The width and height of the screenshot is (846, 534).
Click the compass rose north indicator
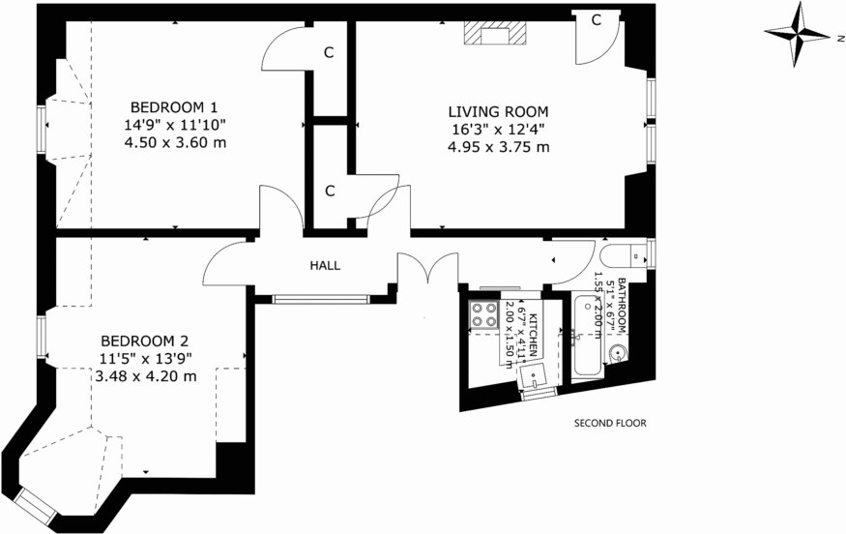tap(799, 36)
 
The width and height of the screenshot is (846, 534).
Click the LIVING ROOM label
tap(498, 111)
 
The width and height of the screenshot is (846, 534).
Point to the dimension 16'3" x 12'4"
tap(498, 129)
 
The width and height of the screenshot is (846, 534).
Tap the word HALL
tap(325, 265)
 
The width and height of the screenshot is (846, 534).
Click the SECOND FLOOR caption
tap(610, 423)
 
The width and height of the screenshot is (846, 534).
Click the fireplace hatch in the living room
tap(496, 35)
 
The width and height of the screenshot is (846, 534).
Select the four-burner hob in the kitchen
tap(482, 314)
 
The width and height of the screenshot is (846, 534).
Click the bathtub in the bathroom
tap(586, 339)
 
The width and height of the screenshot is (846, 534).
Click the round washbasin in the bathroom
tap(619, 354)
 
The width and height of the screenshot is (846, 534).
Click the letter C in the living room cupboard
tap(597, 20)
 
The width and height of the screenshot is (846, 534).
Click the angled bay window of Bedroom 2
tap(38, 504)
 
